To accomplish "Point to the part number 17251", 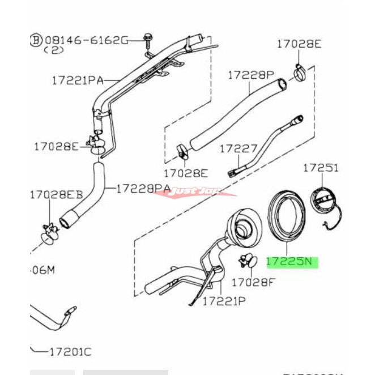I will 320,168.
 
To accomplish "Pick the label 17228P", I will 250,74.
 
